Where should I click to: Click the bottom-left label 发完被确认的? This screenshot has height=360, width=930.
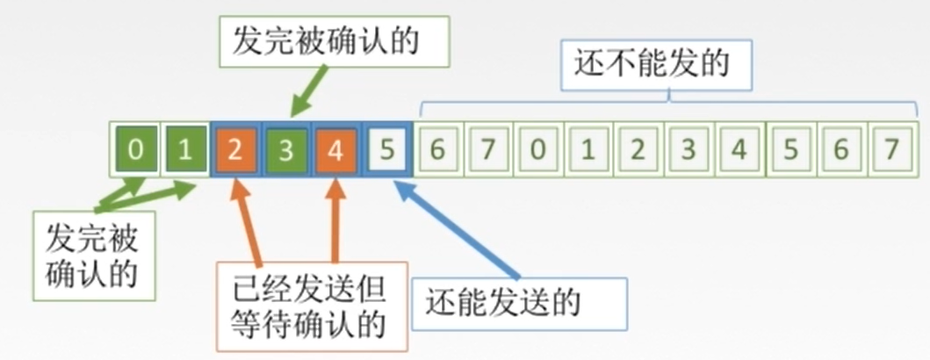(x=93, y=254)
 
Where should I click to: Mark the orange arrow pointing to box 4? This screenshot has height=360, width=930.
(x=335, y=220)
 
